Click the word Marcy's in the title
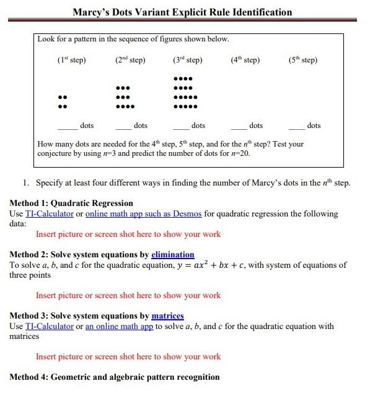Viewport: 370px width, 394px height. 92,12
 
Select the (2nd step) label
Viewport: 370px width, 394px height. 130,60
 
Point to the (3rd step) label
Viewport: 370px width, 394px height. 188,60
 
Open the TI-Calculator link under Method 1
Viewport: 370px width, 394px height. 50,214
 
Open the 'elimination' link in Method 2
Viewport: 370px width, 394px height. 172,254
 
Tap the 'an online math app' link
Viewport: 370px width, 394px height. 119,326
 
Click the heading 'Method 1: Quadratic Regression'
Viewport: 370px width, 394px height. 71,203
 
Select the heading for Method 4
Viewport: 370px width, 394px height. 115,377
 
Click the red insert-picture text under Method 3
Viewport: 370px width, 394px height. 128,356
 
